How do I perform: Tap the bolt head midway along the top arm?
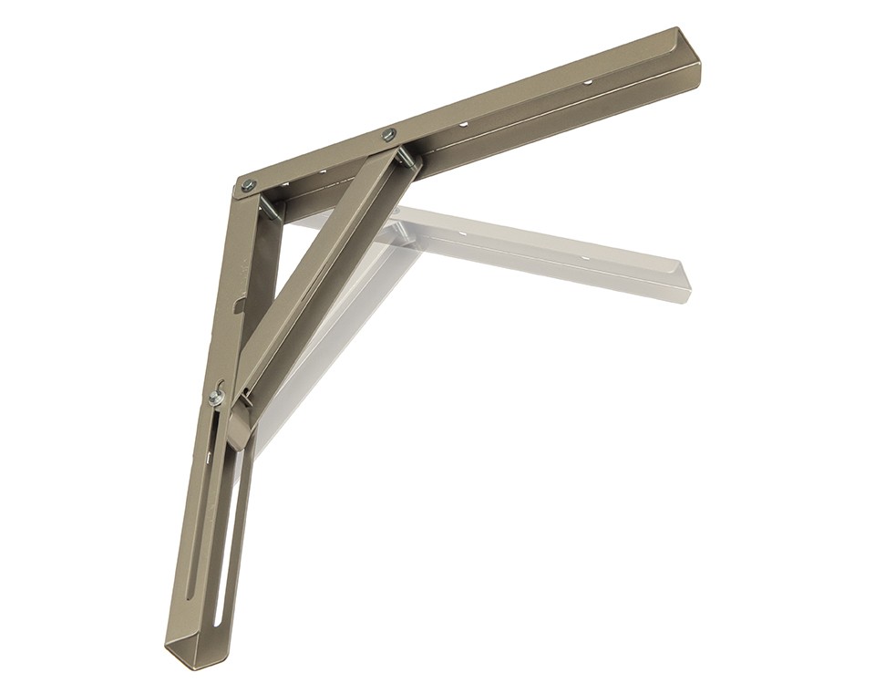388,135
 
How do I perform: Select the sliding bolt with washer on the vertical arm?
216,397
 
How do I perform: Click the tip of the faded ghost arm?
682,278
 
